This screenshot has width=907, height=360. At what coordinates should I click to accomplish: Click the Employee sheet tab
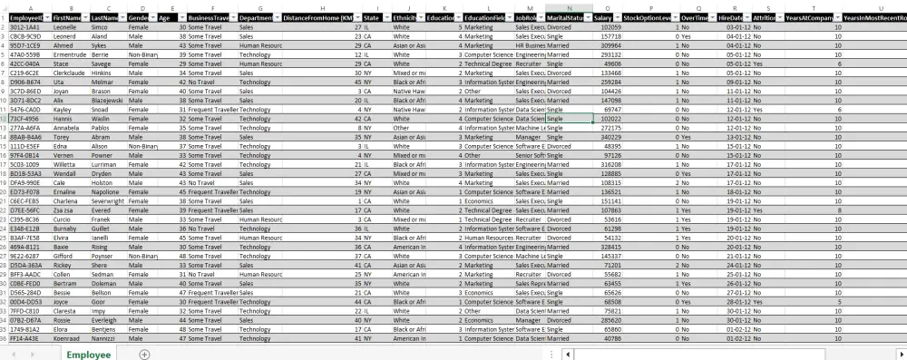click(88, 355)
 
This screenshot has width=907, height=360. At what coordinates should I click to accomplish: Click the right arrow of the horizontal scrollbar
click(901, 354)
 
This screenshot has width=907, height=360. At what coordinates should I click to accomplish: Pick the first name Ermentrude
click(70, 55)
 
